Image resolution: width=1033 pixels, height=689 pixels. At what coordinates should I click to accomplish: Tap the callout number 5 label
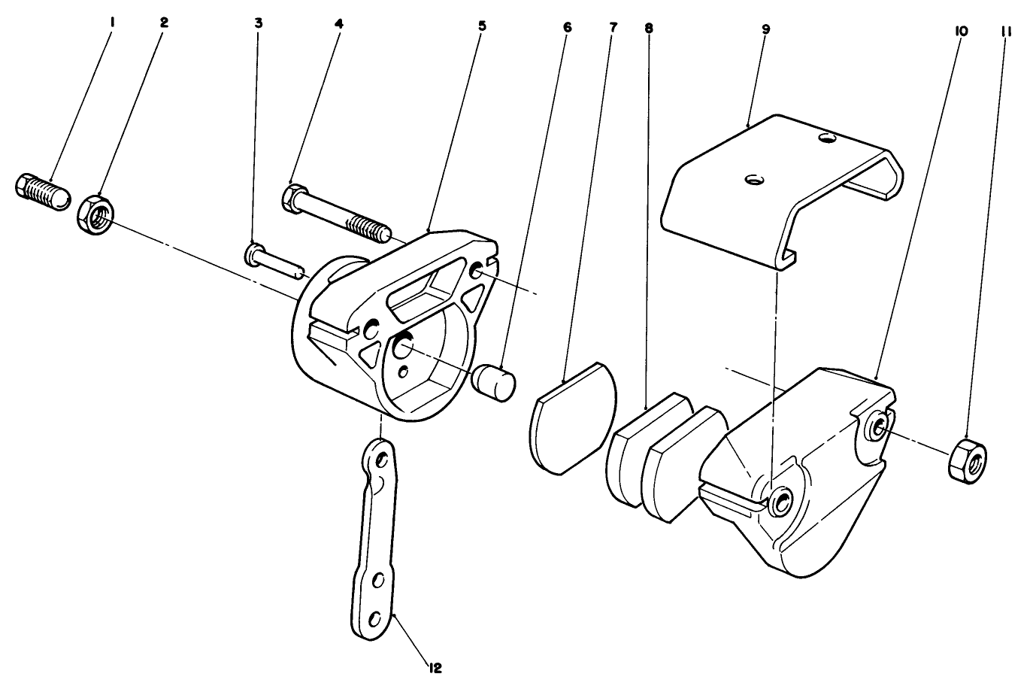click(482, 26)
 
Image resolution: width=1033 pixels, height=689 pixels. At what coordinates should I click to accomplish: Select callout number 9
click(765, 29)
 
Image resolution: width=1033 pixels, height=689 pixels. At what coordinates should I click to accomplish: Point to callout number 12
click(435, 666)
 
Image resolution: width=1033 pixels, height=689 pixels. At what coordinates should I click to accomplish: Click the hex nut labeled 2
click(95, 214)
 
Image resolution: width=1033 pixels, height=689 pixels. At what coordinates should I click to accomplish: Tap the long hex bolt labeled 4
click(335, 210)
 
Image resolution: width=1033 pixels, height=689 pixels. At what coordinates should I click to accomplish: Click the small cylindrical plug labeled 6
click(493, 378)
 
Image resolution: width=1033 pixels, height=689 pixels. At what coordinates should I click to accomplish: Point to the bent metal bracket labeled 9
click(782, 188)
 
